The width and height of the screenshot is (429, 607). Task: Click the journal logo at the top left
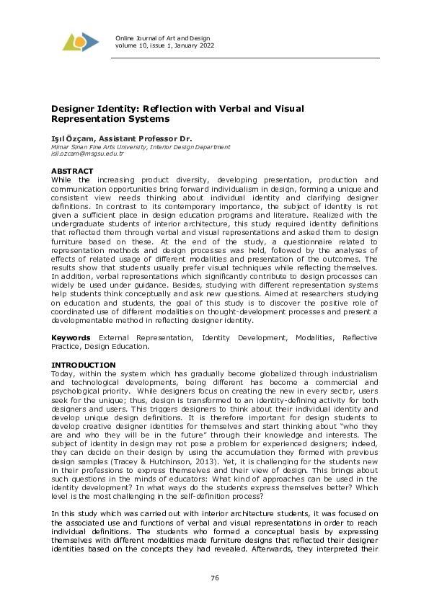tap(79, 42)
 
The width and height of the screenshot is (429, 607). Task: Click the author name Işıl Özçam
tap(71, 138)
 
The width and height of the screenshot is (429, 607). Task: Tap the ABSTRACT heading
tap(72, 171)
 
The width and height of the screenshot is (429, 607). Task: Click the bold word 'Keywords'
tap(70, 337)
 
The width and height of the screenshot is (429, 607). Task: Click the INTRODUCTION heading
tap(83, 365)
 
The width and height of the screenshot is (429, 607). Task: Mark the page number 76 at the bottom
tap(214, 578)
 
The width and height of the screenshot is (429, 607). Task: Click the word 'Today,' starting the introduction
tap(63, 373)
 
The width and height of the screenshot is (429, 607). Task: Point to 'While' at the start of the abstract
tap(61, 179)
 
